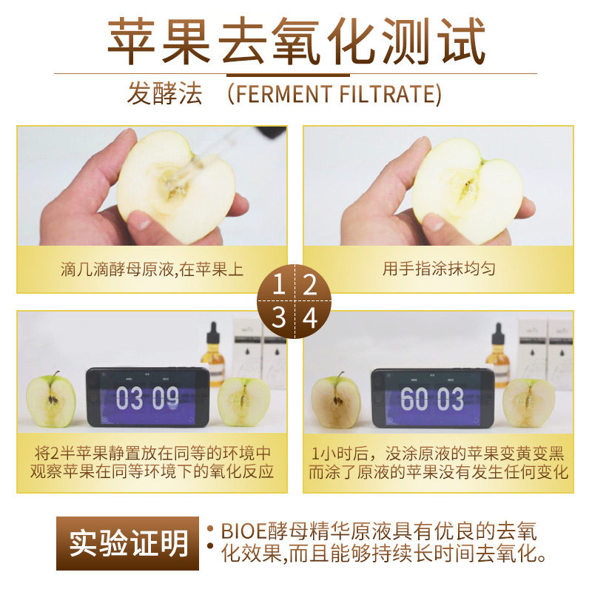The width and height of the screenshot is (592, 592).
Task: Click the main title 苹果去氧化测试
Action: tap(296, 38)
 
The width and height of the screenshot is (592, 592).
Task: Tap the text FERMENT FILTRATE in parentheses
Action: tap(334, 95)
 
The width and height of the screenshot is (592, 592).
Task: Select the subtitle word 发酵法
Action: tap(165, 95)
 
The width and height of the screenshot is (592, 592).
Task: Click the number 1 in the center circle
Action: tap(279, 284)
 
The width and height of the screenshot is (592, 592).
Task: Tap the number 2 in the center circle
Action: tap(311, 284)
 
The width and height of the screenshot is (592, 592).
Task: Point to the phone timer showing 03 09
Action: tap(147, 398)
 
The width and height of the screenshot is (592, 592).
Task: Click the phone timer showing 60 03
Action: tap(432, 398)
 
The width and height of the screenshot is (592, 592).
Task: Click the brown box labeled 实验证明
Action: tap(127, 543)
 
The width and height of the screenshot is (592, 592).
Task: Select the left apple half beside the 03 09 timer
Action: tap(51, 400)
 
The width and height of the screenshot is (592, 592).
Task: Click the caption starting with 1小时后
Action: tap(439, 462)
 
